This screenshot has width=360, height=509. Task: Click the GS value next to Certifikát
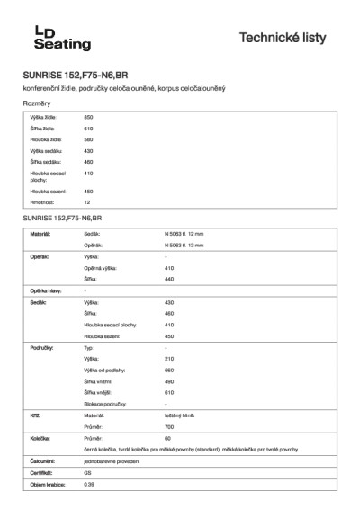click(87, 472)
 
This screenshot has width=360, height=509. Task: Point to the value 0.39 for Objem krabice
click(88, 484)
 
